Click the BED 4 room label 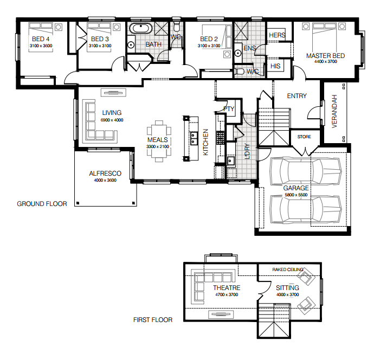41,39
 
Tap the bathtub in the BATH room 140,28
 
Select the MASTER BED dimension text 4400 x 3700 325,62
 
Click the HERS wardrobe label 277,35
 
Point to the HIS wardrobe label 275,66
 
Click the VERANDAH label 334,111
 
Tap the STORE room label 304,137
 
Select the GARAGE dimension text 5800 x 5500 296,195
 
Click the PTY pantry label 229,109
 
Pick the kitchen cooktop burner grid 220,138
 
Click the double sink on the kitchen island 194,139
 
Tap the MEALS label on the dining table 158,140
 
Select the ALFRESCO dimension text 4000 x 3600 105,180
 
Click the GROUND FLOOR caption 42,204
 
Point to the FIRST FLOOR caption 153,320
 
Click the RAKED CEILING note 288,269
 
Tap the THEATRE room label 227,288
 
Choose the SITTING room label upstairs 287,288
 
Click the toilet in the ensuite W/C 239,72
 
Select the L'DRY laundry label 247,151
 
